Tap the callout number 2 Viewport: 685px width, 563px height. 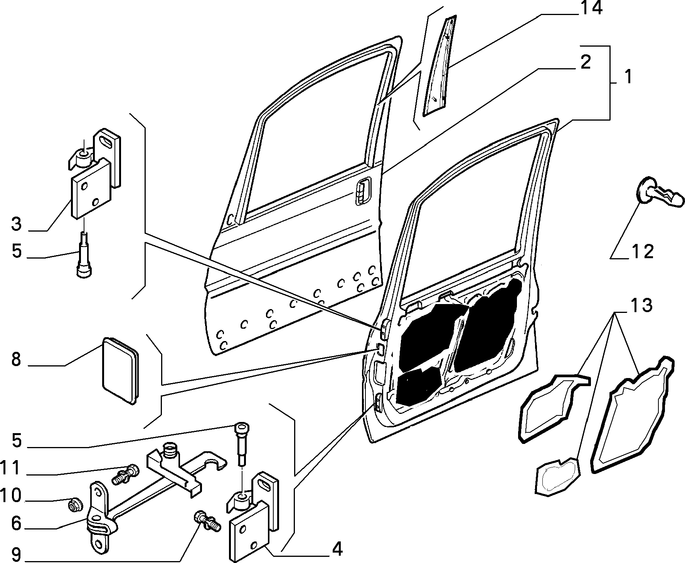[x=585, y=62]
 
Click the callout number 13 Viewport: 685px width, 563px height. [x=641, y=306]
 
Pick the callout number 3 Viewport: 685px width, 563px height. [x=16, y=224]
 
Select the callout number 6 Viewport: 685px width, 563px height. [x=16, y=523]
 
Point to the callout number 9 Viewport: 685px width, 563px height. [x=16, y=555]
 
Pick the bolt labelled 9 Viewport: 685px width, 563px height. [x=208, y=521]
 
